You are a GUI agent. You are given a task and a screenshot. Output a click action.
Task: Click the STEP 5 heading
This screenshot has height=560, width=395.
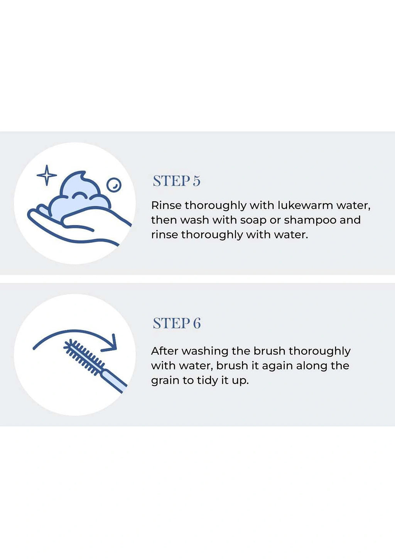pos(177,181)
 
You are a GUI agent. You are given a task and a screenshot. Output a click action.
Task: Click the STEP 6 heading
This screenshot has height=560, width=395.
pos(177,323)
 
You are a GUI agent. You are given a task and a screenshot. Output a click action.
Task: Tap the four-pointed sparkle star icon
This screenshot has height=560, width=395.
pos(47,175)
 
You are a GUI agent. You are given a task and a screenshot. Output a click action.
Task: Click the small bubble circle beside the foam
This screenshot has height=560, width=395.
pos(114,185)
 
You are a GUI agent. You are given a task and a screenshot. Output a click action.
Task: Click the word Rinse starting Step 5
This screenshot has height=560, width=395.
pos(166,205)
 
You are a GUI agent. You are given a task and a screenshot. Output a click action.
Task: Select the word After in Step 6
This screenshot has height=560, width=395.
pos(164,351)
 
